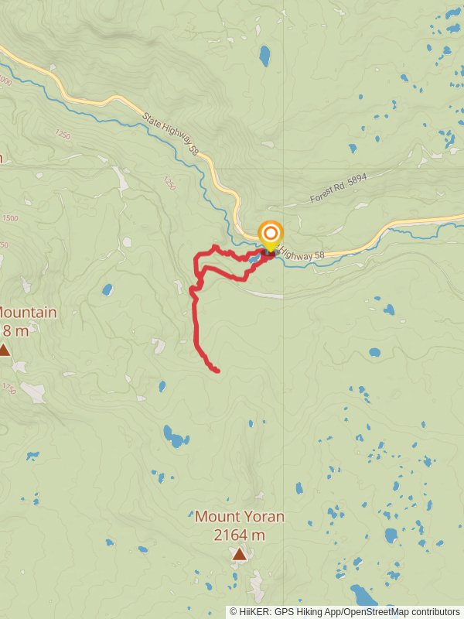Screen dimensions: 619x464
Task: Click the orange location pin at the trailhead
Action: (x=270, y=235)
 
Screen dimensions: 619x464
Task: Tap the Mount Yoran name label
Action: (x=239, y=516)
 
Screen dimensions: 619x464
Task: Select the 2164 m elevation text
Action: (x=239, y=534)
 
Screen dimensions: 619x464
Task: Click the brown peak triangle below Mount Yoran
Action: (x=240, y=554)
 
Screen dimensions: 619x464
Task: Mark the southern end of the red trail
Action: (x=217, y=371)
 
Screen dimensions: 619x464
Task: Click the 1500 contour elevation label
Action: (x=9, y=219)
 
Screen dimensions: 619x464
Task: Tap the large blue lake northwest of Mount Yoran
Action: (x=175, y=439)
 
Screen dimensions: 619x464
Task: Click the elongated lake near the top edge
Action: (x=265, y=55)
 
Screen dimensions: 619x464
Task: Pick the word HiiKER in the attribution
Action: (x=254, y=611)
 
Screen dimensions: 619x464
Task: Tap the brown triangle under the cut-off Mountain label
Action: (x=4, y=351)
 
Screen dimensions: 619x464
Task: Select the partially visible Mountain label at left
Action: (x=28, y=313)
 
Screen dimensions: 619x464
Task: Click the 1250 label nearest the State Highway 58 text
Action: (x=169, y=183)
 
